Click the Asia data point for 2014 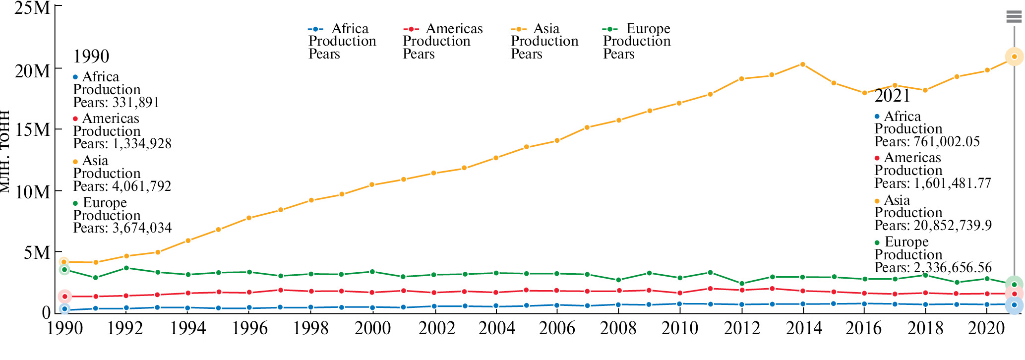tap(802, 64)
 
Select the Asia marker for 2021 tap(1014, 57)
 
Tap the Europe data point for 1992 tap(126, 268)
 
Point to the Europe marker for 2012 tap(742, 284)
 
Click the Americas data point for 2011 tap(710, 289)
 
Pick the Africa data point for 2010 tap(679, 304)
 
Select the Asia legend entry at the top tap(544, 41)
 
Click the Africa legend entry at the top tap(342, 41)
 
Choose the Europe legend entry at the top tap(636, 41)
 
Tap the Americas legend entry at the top tap(442, 41)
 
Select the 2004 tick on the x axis tap(496, 328)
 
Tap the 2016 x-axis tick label tap(864, 328)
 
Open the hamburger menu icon tap(1014, 17)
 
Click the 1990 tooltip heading tap(91, 57)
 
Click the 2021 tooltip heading tap(892, 96)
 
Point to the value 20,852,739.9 tap(953, 226)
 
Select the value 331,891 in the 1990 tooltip tap(134, 103)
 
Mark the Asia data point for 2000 tap(372, 185)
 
